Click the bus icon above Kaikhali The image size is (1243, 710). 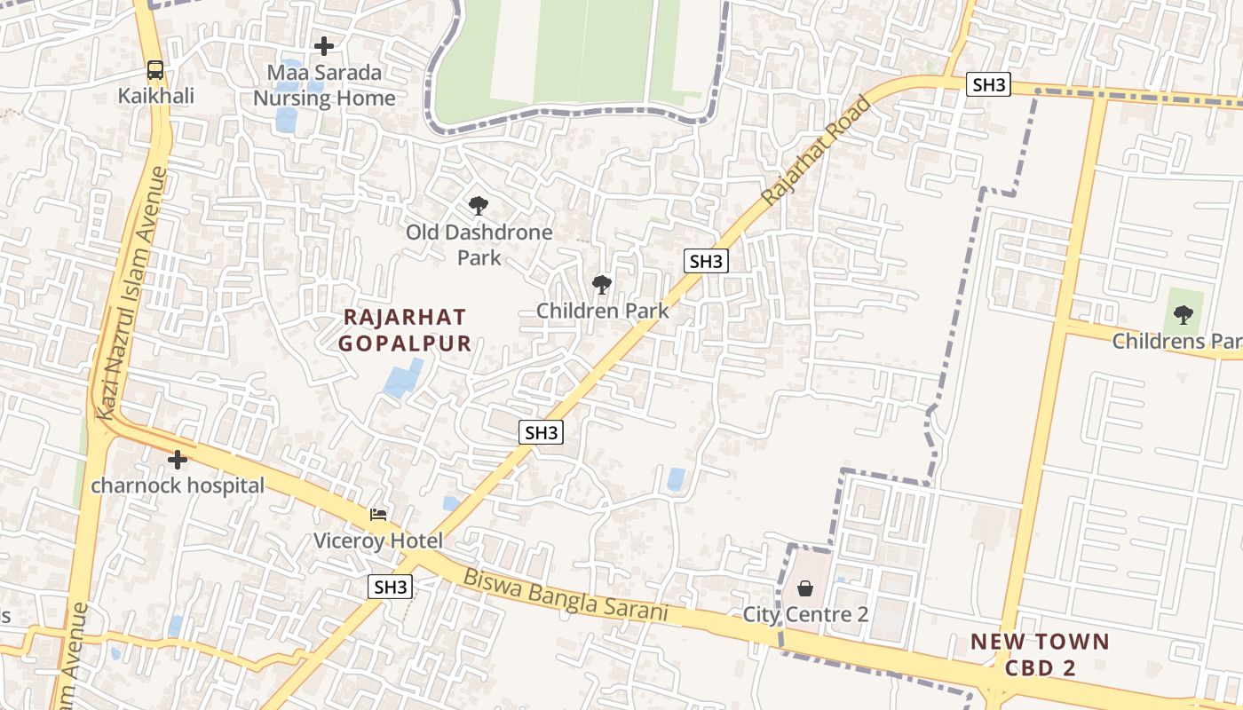click(155, 70)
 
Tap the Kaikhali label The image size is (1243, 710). click(155, 96)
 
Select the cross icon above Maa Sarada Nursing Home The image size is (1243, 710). click(324, 45)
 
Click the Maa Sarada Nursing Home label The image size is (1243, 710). click(324, 85)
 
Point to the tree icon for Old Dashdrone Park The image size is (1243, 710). click(479, 206)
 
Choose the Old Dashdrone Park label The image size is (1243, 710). click(479, 245)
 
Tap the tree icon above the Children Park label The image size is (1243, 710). click(602, 285)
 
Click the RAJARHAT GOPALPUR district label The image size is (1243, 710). click(406, 330)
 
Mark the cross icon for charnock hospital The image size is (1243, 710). click(178, 460)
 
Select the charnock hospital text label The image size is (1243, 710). click(178, 485)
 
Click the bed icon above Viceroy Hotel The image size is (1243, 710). click(378, 515)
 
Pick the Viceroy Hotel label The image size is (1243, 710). click(378, 540)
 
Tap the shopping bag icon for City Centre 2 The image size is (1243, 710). click(805, 588)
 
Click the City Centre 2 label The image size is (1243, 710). click(805, 614)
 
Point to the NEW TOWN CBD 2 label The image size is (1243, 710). click(1040, 654)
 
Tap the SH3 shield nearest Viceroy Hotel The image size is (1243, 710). click(391, 587)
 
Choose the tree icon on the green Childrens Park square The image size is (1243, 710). click(1183, 313)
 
